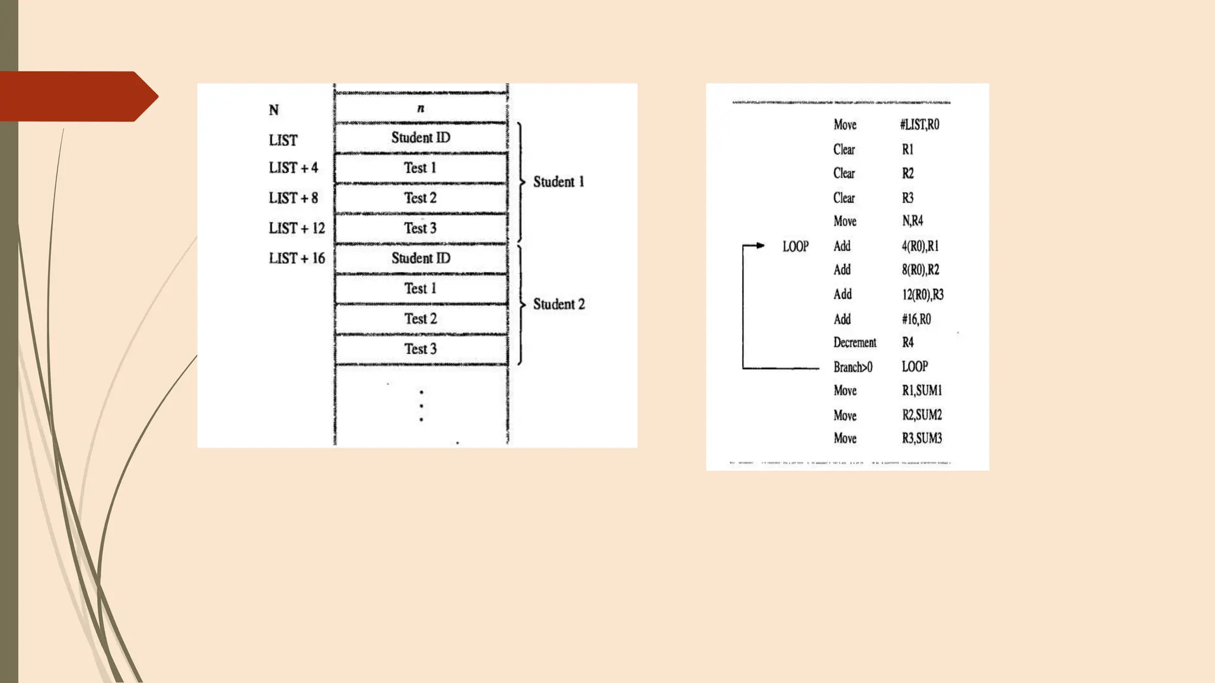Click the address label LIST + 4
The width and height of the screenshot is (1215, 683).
[293, 168]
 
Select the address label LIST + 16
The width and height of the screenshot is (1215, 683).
[297, 258]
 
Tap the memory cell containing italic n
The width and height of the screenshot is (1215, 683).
[421, 108]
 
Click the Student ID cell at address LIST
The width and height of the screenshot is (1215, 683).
[421, 138]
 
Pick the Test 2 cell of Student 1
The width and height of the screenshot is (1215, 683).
[421, 198]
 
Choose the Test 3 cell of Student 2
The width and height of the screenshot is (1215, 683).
[421, 349]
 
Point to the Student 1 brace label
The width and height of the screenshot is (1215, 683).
[558, 182]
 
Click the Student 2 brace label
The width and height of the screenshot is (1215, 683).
[558, 304]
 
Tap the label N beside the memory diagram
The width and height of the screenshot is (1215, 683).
[273, 110]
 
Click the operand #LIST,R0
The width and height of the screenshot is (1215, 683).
[919, 125]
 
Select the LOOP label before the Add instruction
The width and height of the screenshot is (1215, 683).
[795, 247]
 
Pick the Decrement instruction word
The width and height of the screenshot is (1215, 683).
[854, 343]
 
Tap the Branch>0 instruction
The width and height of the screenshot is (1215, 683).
[853, 367]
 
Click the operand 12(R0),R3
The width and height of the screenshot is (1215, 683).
[923, 295]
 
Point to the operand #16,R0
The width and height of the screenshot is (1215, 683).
[916, 320]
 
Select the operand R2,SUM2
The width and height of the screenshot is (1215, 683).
[921, 415]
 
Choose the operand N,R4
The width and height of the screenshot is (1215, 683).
[912, 221]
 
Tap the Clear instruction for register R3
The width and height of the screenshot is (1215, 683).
[844, 198]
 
